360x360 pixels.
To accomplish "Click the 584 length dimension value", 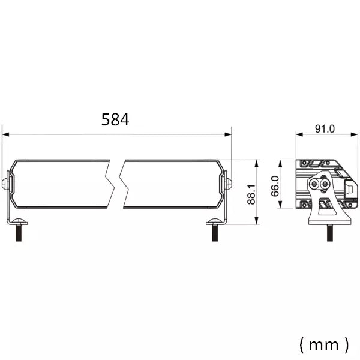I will click(115, 119).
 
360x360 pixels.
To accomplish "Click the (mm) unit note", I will click(323, 344).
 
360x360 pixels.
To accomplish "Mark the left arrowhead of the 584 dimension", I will click(5, 135).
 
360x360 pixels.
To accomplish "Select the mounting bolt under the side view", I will click(329, 232).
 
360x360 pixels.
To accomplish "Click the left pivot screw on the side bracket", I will click(315, 184).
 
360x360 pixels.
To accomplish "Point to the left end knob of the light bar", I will click(6, 183).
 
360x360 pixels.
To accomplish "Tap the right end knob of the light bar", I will click(228, 183).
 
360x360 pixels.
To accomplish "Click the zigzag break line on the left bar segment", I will click(109, 184).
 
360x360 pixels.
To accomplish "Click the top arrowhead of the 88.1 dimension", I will click(257, 163).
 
